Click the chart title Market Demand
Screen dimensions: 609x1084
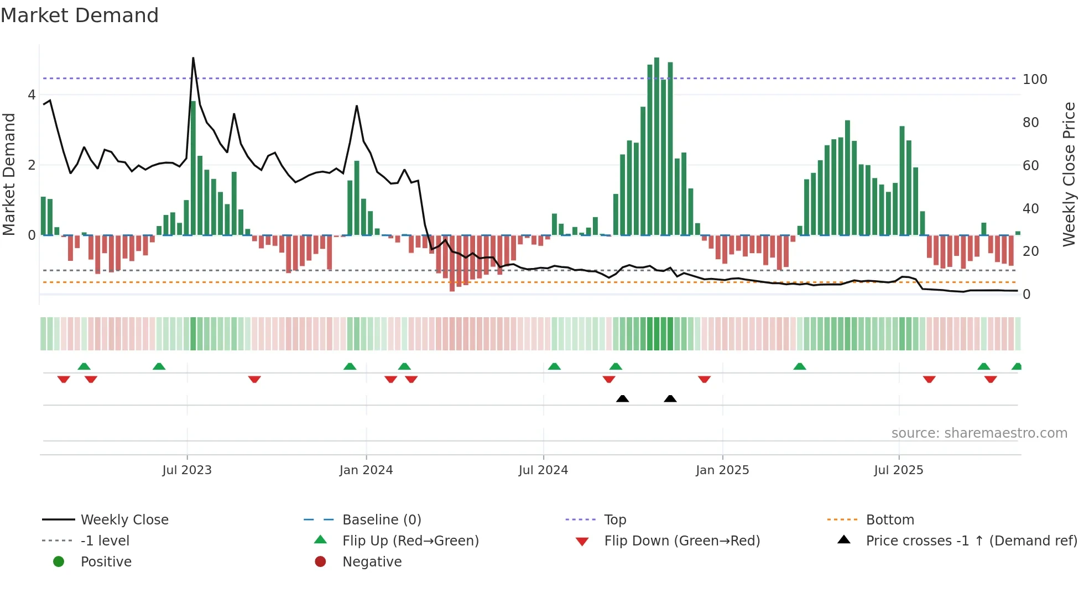pos(80,15)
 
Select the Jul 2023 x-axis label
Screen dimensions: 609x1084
pos(187,470)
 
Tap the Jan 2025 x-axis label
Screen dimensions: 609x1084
pos(722,470)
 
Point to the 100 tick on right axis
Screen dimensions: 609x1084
pos(1035,79)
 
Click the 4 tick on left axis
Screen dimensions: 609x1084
pos(32,95)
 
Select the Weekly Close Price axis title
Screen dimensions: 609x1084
pos(1069,174)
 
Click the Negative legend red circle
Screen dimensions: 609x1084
pos(320,561)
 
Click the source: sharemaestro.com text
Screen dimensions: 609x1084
pos(979,433)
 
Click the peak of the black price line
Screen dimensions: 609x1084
pos(193,58)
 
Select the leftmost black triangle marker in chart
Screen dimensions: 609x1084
pos(622,398)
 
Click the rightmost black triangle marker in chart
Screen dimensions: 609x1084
pos(670,398)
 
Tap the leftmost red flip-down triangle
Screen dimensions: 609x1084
pos(64,379)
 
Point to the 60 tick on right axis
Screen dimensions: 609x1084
pos(1030,165)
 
